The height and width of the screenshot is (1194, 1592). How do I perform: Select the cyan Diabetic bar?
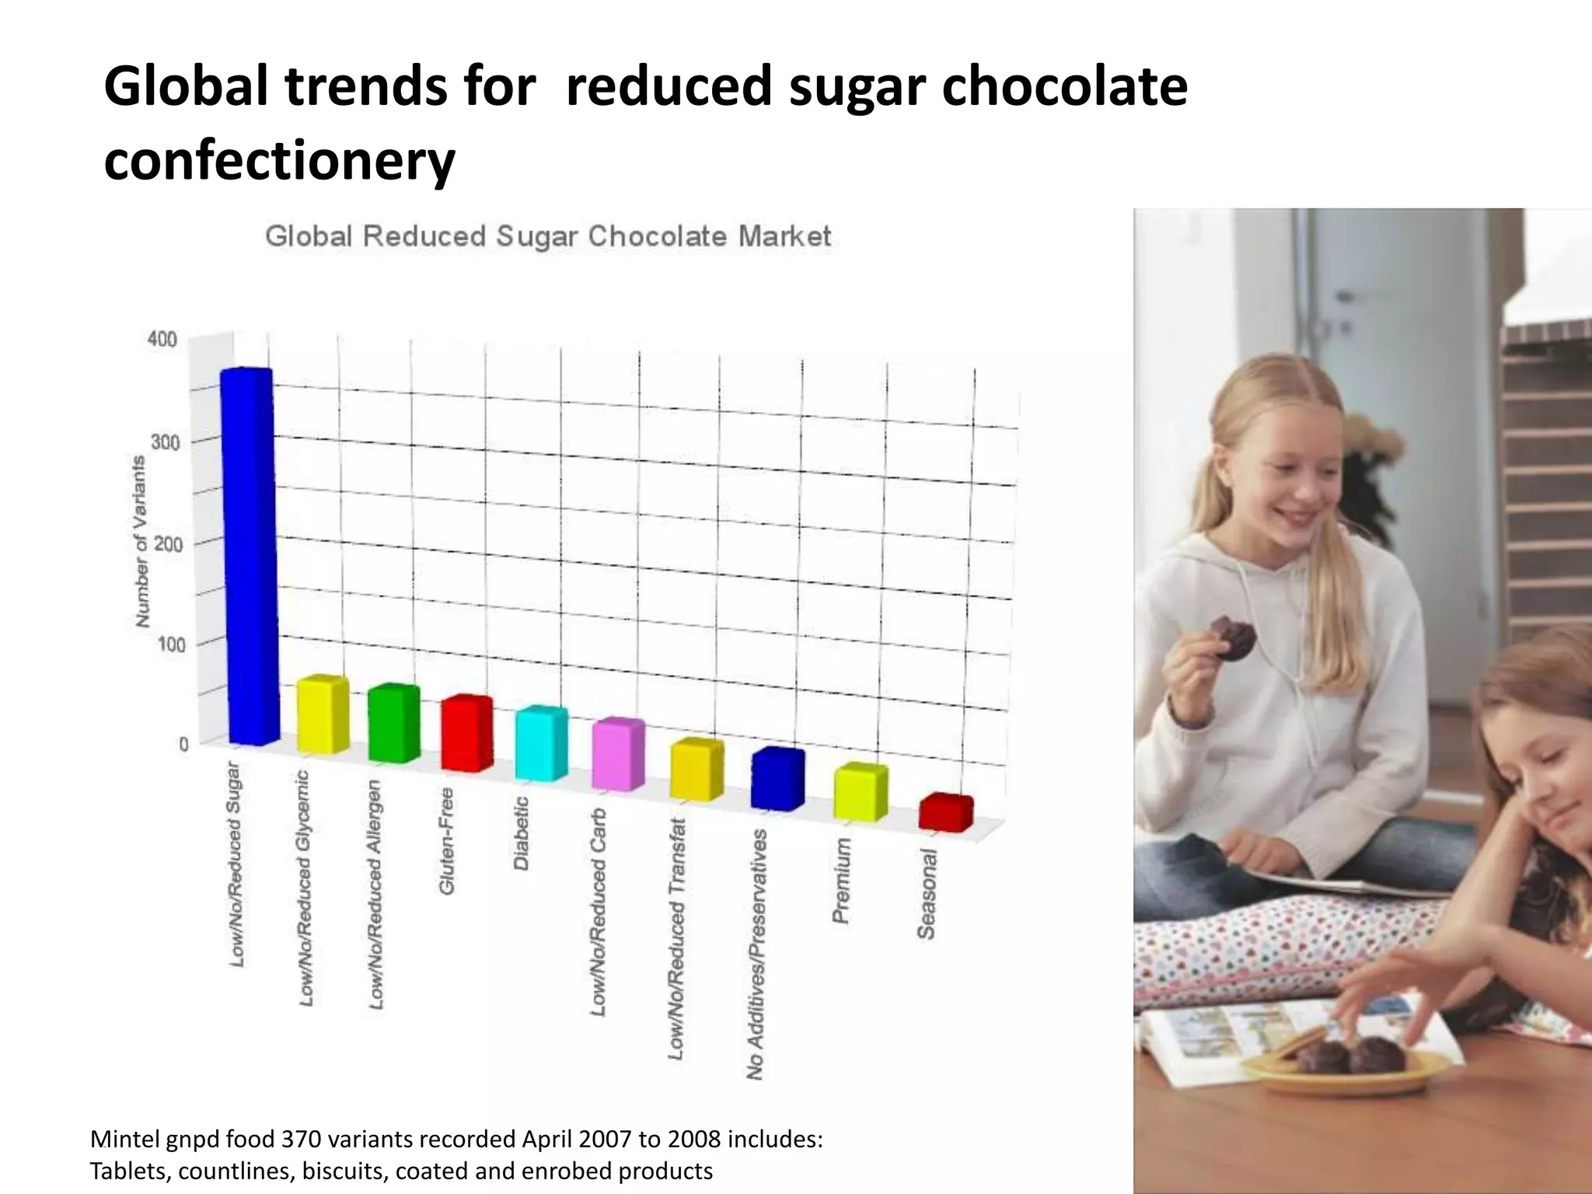(x=541, y=744)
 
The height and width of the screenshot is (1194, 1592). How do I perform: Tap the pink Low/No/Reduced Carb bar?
(x=618, y=756)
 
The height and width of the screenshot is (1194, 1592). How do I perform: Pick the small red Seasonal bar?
(x=945, y=813)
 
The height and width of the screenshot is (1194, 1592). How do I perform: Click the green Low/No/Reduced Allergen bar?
(x=393, y=724)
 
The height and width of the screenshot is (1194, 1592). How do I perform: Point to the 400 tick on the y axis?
(x=162, y=339)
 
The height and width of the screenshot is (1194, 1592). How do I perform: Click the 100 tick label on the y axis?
(x=172, y=644)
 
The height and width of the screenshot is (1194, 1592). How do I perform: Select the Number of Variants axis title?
(x=141, y=542)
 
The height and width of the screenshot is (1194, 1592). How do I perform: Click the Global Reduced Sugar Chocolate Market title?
(x=548, y=236)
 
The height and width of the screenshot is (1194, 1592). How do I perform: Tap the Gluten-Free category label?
(x=447, y=841)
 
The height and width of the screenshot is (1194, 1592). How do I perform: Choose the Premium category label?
(x=842, y=880)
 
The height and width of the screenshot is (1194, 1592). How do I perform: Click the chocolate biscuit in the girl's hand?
(x=1234, y=638)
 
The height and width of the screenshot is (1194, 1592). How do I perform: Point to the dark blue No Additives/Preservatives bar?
(x=777, y=780)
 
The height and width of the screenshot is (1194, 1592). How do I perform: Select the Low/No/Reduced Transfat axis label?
(x=677, y=938)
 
